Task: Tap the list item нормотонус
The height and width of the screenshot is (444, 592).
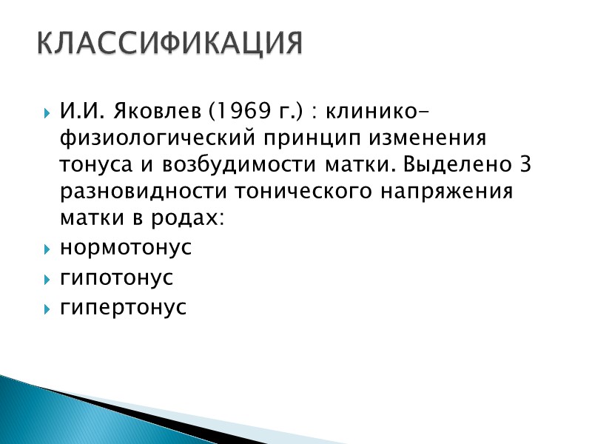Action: click(x=125, y=248)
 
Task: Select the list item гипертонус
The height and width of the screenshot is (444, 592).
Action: click(x=123, y=308)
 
